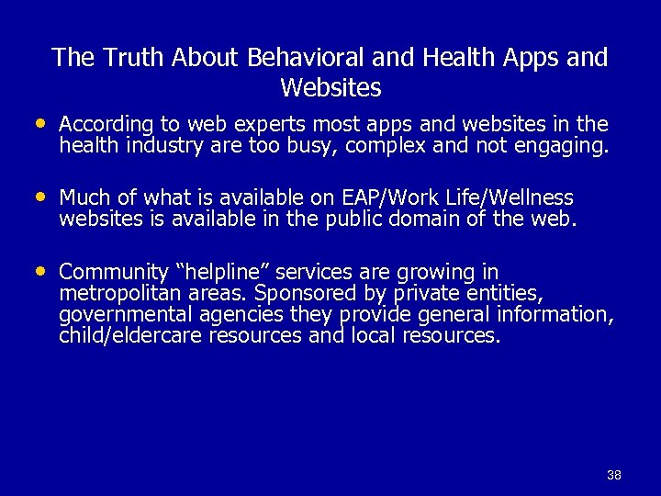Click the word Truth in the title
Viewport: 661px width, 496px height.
[x=129, y=58]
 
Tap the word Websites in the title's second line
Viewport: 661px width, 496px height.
[x=330, y=88]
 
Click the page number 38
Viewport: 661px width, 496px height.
[x=614, y=475]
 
